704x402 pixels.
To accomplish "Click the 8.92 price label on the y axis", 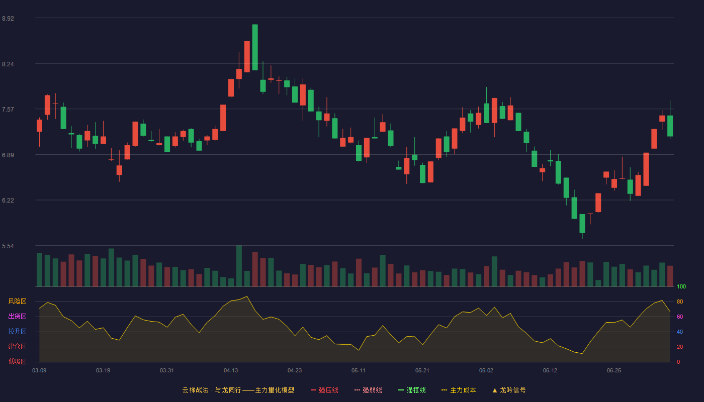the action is click(x=8, y=19).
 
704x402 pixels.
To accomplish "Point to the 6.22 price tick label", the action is click(x=8, y=200).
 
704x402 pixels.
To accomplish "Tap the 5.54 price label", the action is click(x=8, y=246).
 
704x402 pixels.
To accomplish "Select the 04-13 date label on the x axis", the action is click(x=231, y=371).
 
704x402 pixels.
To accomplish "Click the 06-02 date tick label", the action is click(x=486, y=371).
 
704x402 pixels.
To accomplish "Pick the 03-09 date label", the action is click(x=39, y=371).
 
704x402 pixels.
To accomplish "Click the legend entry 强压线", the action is click(x=324, y=390).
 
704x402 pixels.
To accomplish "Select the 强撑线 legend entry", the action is click(x=412, y=390).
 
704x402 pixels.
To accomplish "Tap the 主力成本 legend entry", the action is click(x=459, y=390).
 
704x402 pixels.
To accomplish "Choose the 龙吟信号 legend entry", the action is click(x=509, y=390).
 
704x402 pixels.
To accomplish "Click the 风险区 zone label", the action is click(x=17, y=301).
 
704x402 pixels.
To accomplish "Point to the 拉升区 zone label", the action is click(x=17, y=331).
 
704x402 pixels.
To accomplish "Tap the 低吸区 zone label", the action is click(x=17, y=361).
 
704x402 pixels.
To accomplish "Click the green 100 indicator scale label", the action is click(x=681, y=286).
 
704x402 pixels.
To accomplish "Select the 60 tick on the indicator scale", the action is click(x=680, y=317).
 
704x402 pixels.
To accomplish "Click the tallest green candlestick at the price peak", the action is click(x=255, y=47).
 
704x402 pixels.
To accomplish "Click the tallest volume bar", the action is click(x=239, y=266).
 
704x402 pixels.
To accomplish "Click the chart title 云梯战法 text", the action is click(x=195, y=390).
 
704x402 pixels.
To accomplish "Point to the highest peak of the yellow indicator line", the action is click(x=247, y=296).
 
